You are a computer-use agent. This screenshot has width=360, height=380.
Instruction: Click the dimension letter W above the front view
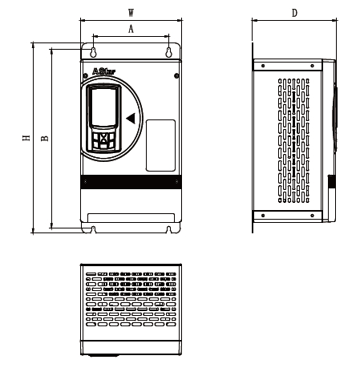coord(131,14)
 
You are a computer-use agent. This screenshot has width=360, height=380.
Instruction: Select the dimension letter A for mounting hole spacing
coord(131,29)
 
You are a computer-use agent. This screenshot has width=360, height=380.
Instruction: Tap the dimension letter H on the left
coord(26,138)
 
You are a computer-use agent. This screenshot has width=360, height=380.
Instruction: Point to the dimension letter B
coord(45,138)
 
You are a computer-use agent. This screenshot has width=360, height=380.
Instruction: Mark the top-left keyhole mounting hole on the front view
coord(94,53)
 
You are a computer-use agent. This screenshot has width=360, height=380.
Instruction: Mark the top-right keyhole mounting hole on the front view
coord(169,53)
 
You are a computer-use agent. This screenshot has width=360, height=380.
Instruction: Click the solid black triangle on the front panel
coord(131,119)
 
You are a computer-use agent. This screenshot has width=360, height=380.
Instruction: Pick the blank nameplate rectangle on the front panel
coord(160,144)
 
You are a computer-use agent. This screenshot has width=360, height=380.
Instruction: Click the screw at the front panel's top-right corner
coord(176,76)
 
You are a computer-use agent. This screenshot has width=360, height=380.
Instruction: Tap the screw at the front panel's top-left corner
coord(85,76)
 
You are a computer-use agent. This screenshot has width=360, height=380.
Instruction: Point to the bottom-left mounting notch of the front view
coord(94,229)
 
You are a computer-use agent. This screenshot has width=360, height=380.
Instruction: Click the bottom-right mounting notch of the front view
coord(169,229)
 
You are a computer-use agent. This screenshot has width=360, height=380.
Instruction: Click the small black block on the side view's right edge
coord(330,181)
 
